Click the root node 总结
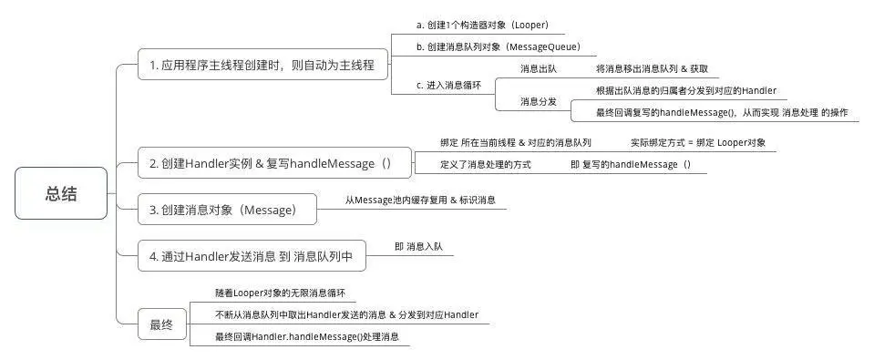[61, 194]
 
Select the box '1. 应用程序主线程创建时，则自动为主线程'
[262, 66]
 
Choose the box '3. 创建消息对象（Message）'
[223, 210]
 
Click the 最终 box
[162, 324]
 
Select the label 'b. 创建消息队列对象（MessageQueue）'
[497, 45]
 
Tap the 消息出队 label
[538, 68]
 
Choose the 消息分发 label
[538, 101]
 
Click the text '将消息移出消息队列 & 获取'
[652, 68]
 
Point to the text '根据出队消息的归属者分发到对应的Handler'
[685, 90]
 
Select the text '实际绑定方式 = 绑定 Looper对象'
[698, 143]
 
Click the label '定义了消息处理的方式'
[486, 164]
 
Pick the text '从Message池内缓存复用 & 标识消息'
[420, 199]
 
